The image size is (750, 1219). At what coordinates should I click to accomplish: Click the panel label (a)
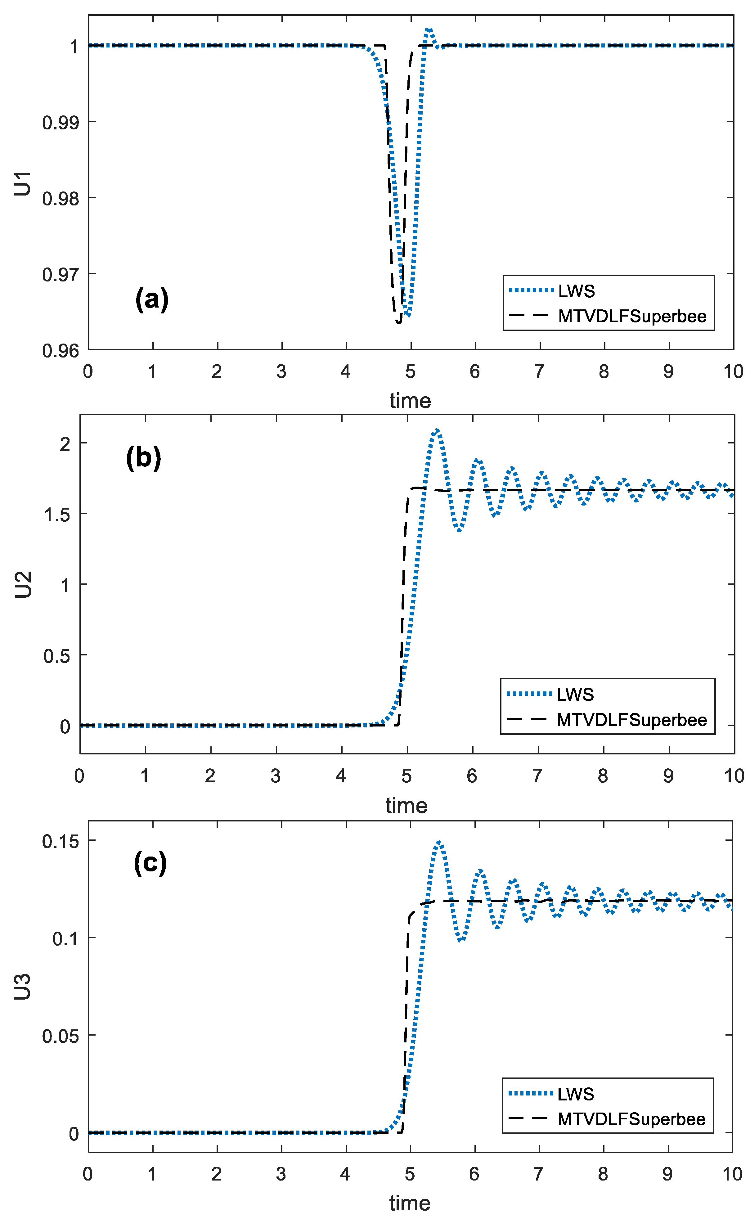152,299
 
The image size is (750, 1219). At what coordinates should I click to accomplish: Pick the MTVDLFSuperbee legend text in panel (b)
631,720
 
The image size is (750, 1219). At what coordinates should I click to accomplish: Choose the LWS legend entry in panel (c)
575,1094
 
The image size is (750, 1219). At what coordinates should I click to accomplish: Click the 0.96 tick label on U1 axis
60,351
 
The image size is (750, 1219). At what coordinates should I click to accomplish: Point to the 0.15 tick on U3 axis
60,842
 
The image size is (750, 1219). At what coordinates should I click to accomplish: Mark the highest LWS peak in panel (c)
439,843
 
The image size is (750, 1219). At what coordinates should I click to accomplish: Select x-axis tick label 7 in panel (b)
537,776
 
